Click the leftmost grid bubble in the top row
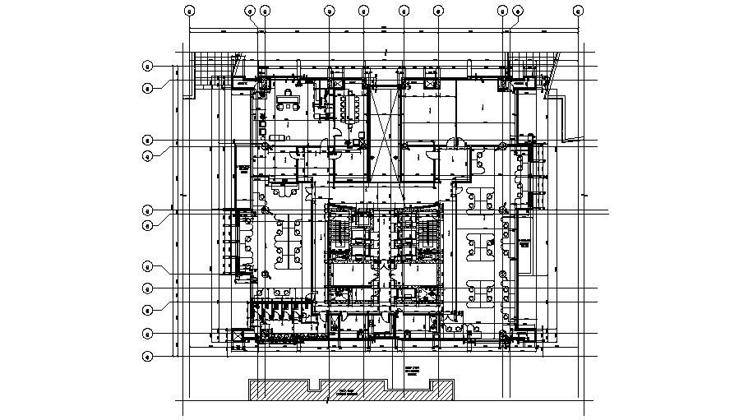189,11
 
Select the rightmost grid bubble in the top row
579,11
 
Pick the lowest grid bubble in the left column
148,356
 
